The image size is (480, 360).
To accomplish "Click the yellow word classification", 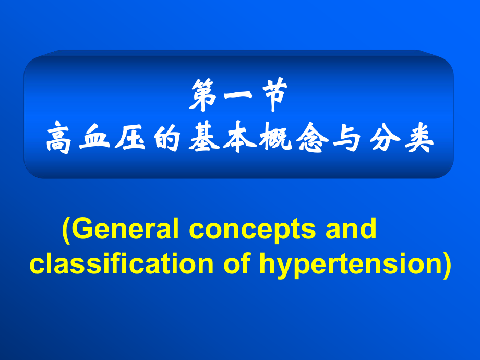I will pyautogui.click(x=122, y=264).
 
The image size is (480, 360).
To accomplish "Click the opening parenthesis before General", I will pyautogui.click(x=66, y=230).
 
